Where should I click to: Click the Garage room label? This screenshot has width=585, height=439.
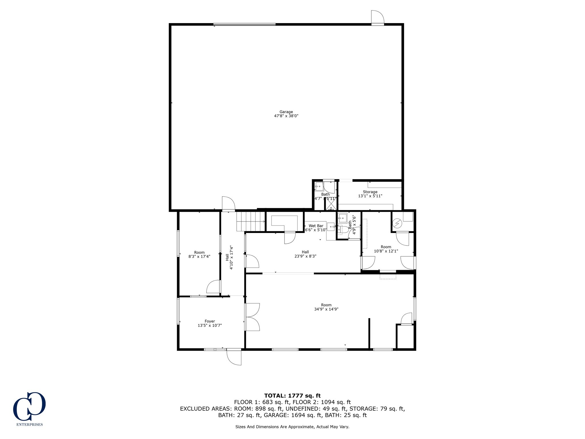[x=286, y=112]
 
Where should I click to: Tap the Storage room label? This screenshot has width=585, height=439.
[x=370, y=192]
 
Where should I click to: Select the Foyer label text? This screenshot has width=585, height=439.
[x=210, y=321]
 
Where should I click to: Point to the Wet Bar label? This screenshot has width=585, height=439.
[x=316, y=226]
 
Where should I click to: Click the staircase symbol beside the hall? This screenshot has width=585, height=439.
[x=251, y=221]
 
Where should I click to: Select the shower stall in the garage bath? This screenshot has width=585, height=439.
[x=331, y=204]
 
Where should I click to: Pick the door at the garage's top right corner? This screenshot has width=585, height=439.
[x=377, y=17]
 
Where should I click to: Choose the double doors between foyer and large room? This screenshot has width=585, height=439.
[x=253, y=317]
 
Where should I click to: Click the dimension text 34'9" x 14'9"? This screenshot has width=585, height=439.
[x=326, y=309]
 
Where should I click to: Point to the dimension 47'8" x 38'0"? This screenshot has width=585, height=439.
[x=286, y=116]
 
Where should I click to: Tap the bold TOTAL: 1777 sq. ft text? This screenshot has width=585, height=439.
[x=292, y=396]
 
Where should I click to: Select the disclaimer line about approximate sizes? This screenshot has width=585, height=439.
[x=292, y=427]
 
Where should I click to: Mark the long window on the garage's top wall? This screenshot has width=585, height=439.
[x=245, y=25]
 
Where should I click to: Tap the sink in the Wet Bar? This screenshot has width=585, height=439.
[x=331, y=227]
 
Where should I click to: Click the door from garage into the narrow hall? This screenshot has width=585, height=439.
[x=228, y=204]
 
